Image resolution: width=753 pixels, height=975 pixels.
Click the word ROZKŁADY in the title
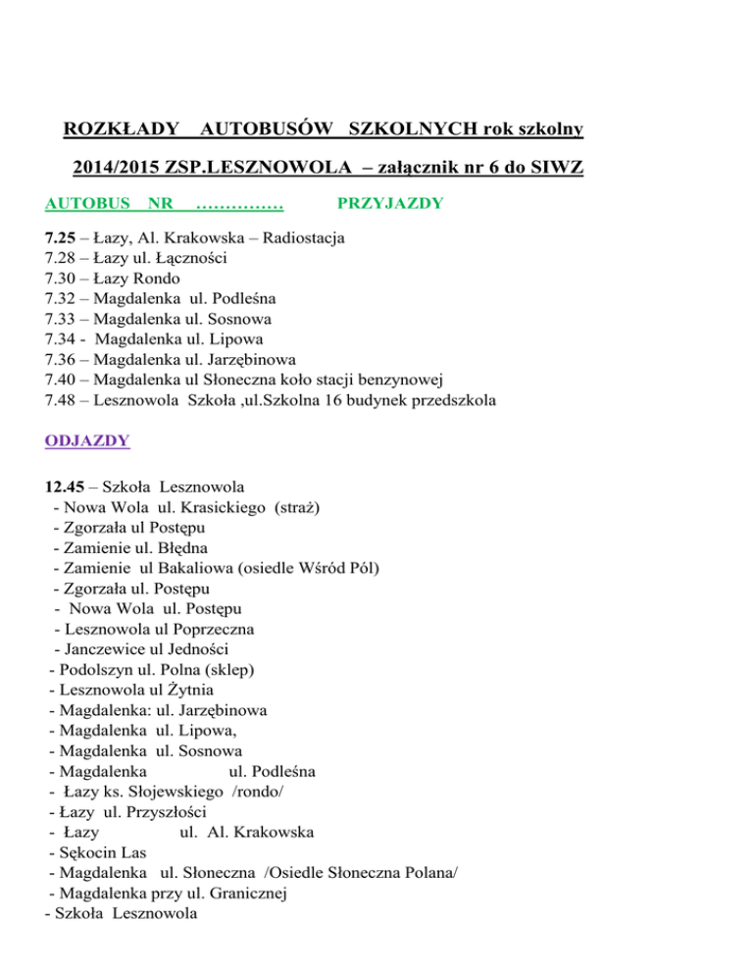coord(120,128)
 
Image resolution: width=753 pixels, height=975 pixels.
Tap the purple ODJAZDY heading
coord(88,441)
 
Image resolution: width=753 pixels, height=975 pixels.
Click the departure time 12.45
coord(67,486)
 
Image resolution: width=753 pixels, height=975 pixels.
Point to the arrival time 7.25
coord(62,237)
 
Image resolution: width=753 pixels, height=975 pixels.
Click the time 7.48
coord(62,400)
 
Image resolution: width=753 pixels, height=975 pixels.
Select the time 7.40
coord(62,380)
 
